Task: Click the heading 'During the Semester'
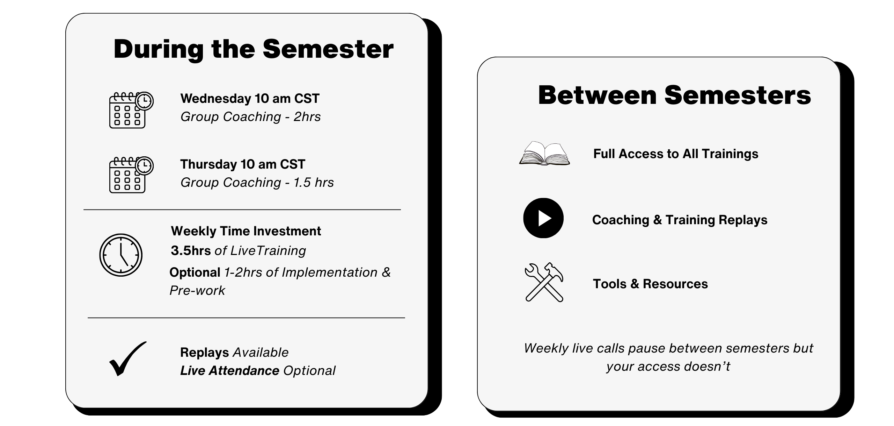[x=254, y=49]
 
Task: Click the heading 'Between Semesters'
[x=675, y=95]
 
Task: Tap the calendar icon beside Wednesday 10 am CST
[x=131, y=110]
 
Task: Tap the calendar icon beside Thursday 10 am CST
[x=131, y=175]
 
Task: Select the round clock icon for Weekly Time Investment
[x=121, y=255]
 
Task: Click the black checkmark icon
[x=127, y=358]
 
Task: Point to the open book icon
[x=544, y=153]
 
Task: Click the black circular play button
[x=543, y=218]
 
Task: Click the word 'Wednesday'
[x=216, y=99]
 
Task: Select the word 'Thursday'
[x=209, y=164]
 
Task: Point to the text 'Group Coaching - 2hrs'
[x=250, y=117]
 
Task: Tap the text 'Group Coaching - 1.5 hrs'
[x=257, y=183]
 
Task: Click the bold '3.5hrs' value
[x=191, y=251]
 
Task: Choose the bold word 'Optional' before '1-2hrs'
[x=195, y=272]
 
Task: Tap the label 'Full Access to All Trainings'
[x=676, y=154]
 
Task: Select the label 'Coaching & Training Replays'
[x=680, y=220]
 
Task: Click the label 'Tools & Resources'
[x=650, y=284]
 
